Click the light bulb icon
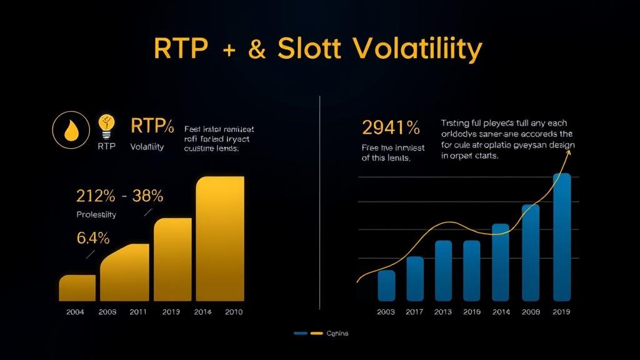pos(107,127)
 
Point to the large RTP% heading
pos(152,126)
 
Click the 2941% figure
pos(391,128)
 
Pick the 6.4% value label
pos(93,238)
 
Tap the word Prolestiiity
pos(96,214)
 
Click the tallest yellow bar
pos(221,239)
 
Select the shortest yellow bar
pos(77,288)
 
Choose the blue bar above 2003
pos(386,286)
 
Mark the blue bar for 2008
pos(531,252)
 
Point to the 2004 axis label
pos(76,312)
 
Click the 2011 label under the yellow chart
pos(138,312)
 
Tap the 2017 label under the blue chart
pos(415,312)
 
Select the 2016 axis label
pos(471,312)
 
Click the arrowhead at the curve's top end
pos(568,152)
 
